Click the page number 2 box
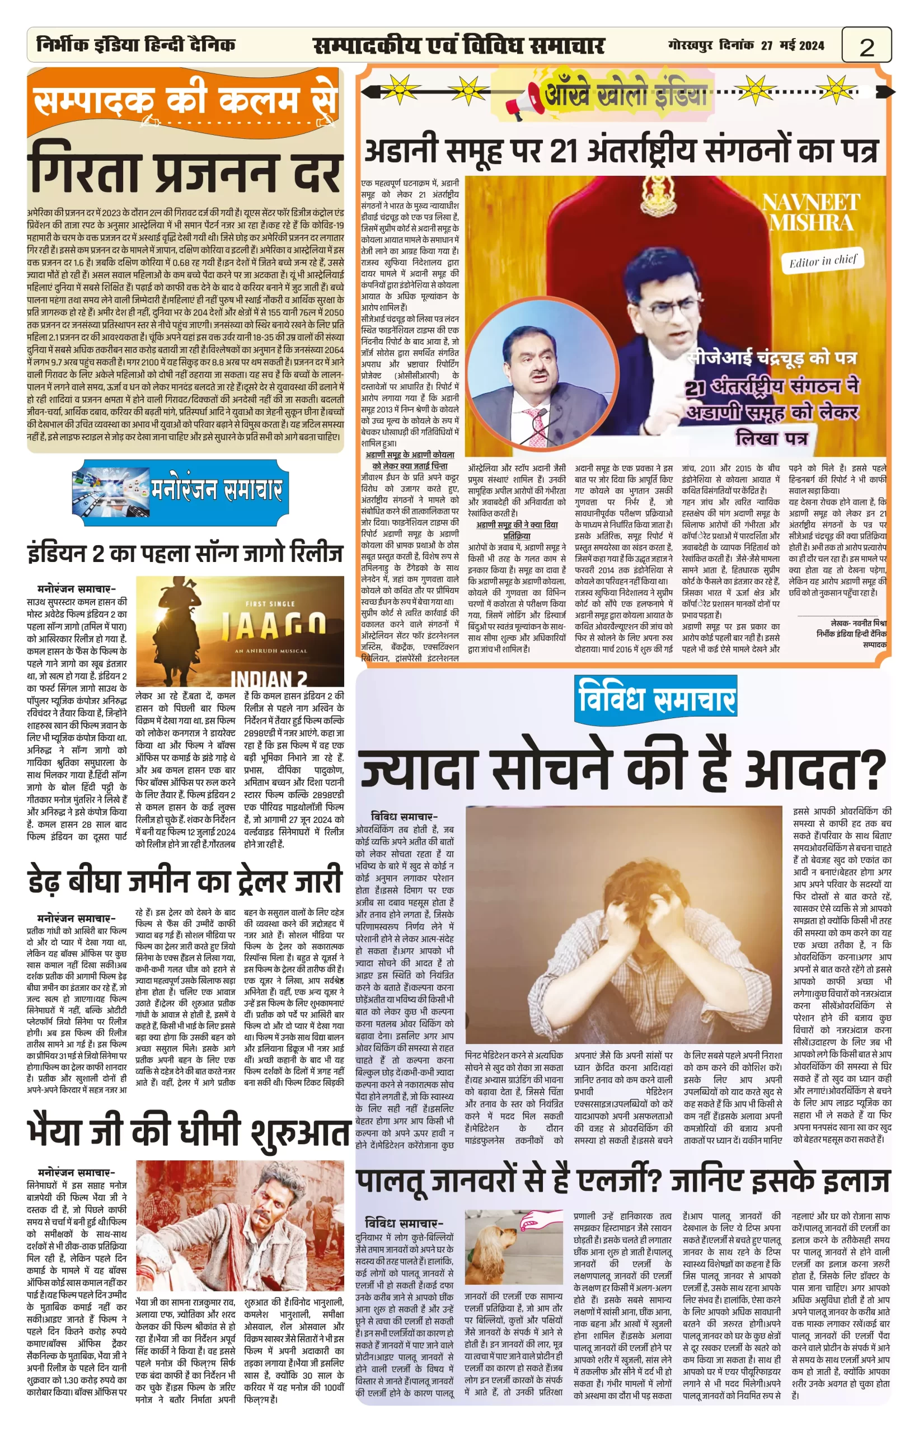[x=866, y=46]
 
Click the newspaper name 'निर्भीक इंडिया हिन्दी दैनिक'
[x=136, y=45]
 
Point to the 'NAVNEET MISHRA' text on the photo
[x=811, y=213]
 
